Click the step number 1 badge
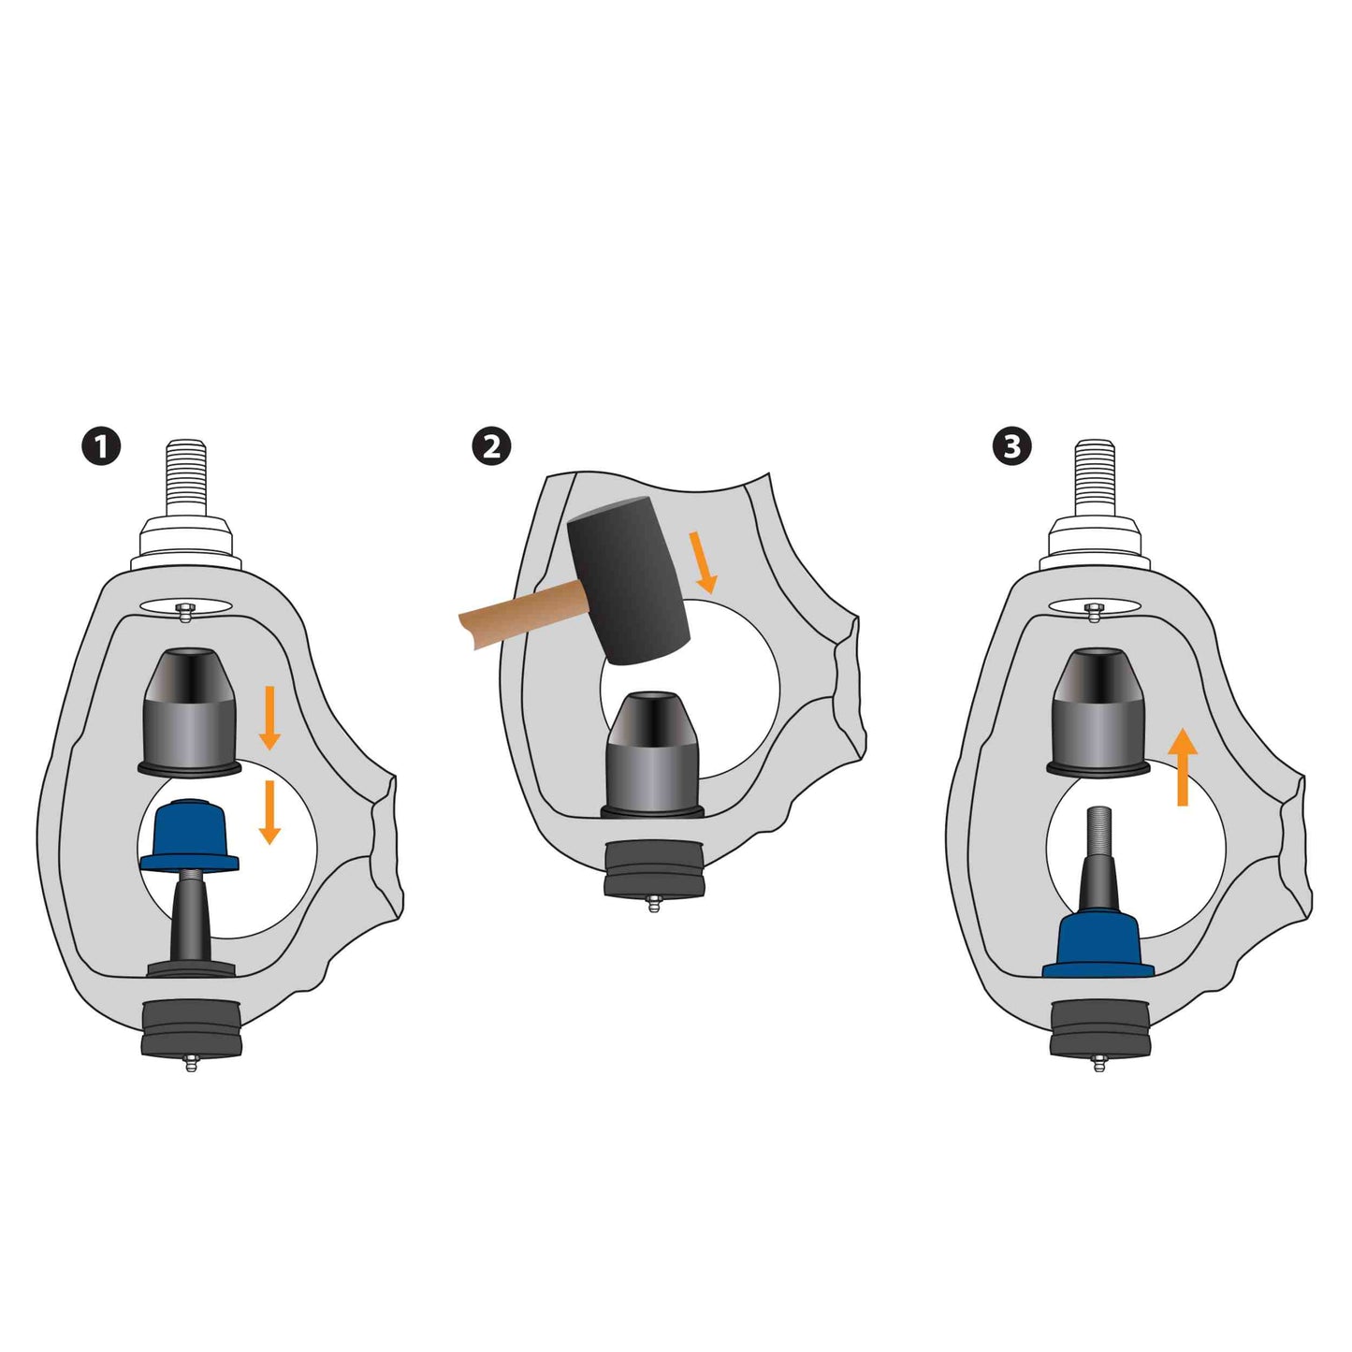102,447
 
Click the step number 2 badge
491,447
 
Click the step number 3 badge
1011,447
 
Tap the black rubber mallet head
629,579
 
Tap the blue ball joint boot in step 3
1098,945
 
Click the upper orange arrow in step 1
270,718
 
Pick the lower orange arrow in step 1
270,813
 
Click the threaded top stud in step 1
186,479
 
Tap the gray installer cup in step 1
189,711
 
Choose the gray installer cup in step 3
1098,711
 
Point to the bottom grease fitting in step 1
189,1062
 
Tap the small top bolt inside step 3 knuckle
1093,612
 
